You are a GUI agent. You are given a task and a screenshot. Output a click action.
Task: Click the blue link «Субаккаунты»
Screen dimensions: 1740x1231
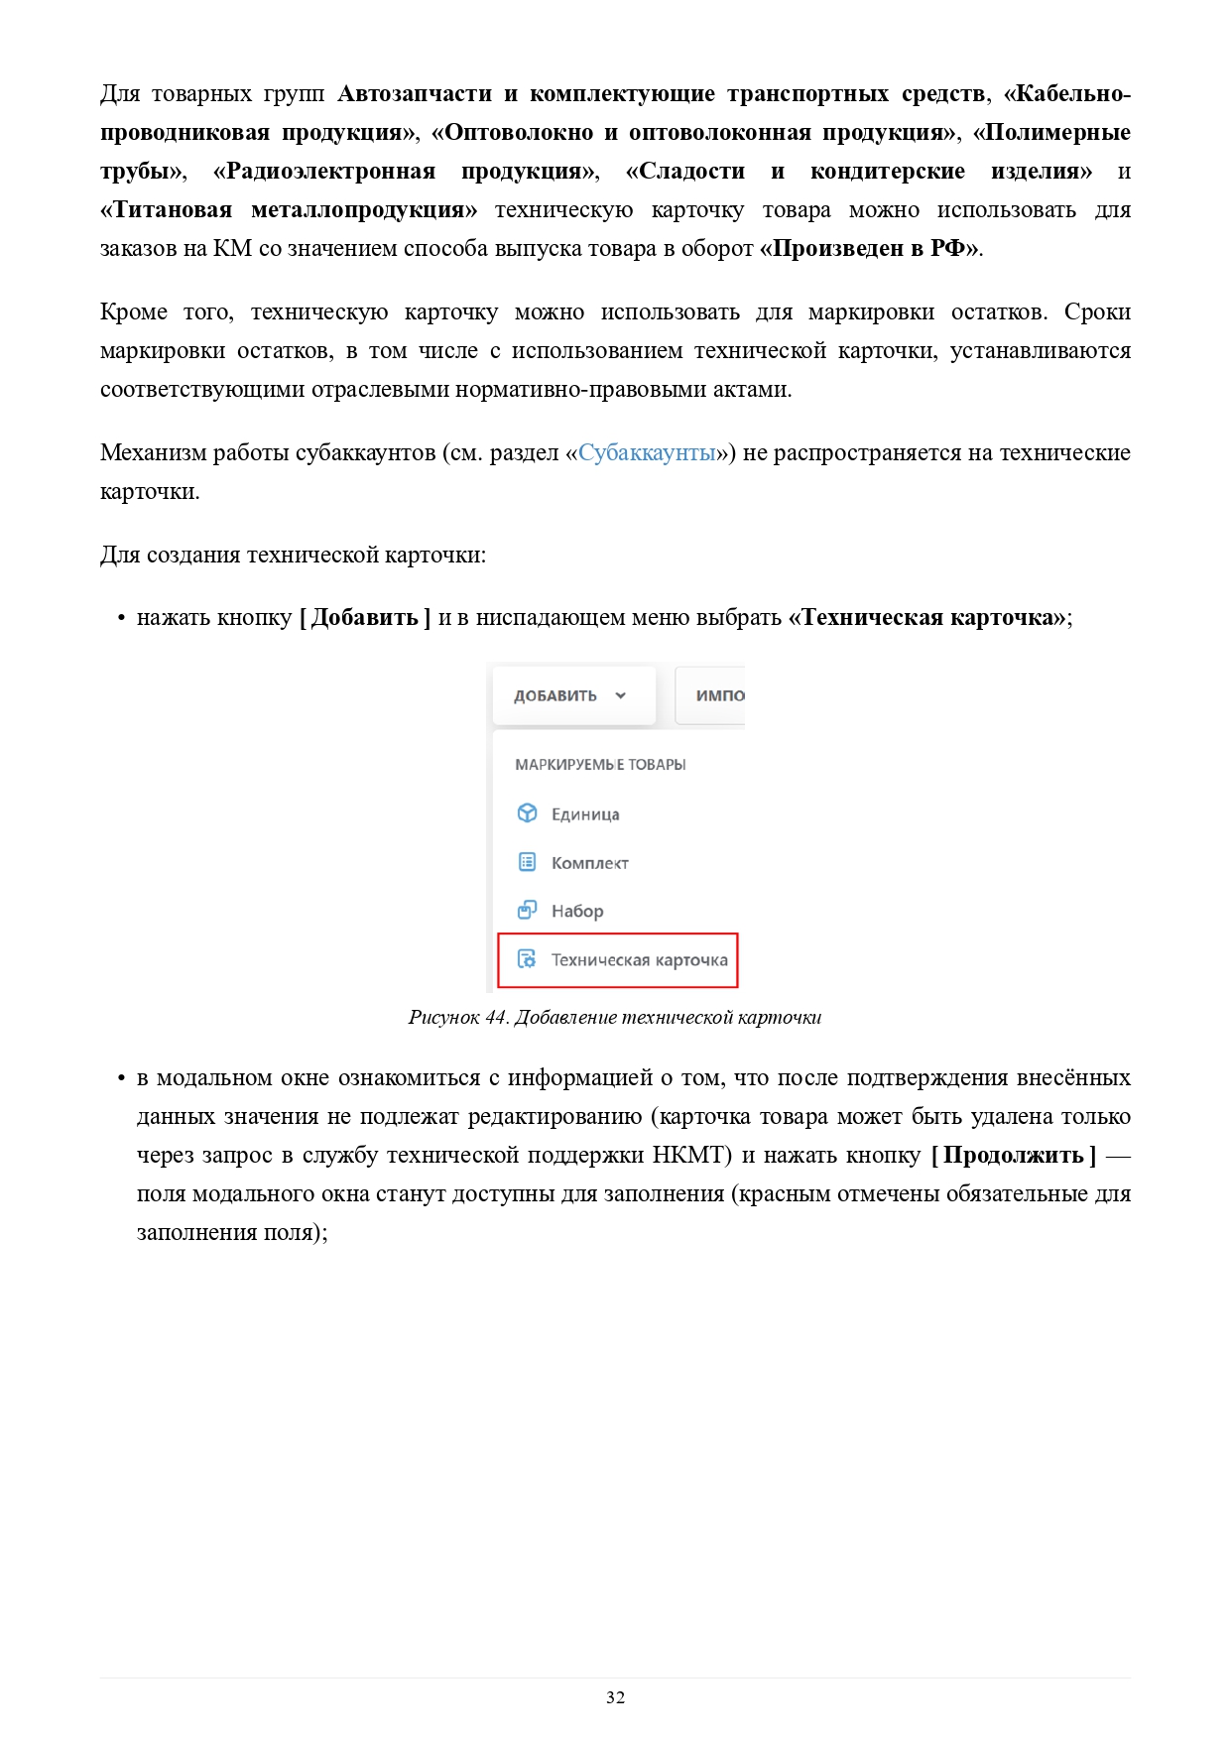click(x=647, y=453)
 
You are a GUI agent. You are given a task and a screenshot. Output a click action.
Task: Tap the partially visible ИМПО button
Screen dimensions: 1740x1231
click(x=717, y=695)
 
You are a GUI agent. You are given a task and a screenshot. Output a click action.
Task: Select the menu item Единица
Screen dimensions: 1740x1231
click(x=585, y=814)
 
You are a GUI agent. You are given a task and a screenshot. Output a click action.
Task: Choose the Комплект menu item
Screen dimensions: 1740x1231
click(x=589, y=863)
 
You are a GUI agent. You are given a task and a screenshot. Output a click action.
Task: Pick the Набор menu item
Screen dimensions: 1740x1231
click(x=577, y=911)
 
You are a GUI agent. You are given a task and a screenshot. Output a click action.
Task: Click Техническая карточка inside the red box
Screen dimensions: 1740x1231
click(x=639, y=960)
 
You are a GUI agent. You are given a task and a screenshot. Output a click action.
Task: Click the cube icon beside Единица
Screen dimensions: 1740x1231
click(x=528, y=813)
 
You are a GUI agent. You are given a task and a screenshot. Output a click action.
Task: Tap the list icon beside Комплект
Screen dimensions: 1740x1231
click(x=528, y=862)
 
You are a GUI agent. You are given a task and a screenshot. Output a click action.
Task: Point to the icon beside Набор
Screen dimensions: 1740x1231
click(x=528, y=910)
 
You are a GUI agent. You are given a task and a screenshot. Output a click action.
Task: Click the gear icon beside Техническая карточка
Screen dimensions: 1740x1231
click(x=527, y=959)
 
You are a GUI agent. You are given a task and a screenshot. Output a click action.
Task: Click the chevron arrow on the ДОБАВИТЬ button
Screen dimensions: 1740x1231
click(x=621, y=695)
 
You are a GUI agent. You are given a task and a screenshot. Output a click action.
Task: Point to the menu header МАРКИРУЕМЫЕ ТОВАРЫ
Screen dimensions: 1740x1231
click(x=600, y=765)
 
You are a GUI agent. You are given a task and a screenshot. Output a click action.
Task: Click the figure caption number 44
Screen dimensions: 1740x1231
click(x=496, y=1018)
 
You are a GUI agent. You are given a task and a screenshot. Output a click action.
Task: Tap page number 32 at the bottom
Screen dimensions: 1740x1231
click(x=615, y=1697)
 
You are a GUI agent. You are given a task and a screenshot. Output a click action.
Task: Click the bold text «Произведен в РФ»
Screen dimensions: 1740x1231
click(x=870, y=249)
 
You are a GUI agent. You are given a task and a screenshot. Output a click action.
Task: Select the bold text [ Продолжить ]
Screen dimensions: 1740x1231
click(x=1014, y=1156)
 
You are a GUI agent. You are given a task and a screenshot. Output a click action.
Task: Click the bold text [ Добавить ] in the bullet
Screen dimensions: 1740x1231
click(x=365, y=618)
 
